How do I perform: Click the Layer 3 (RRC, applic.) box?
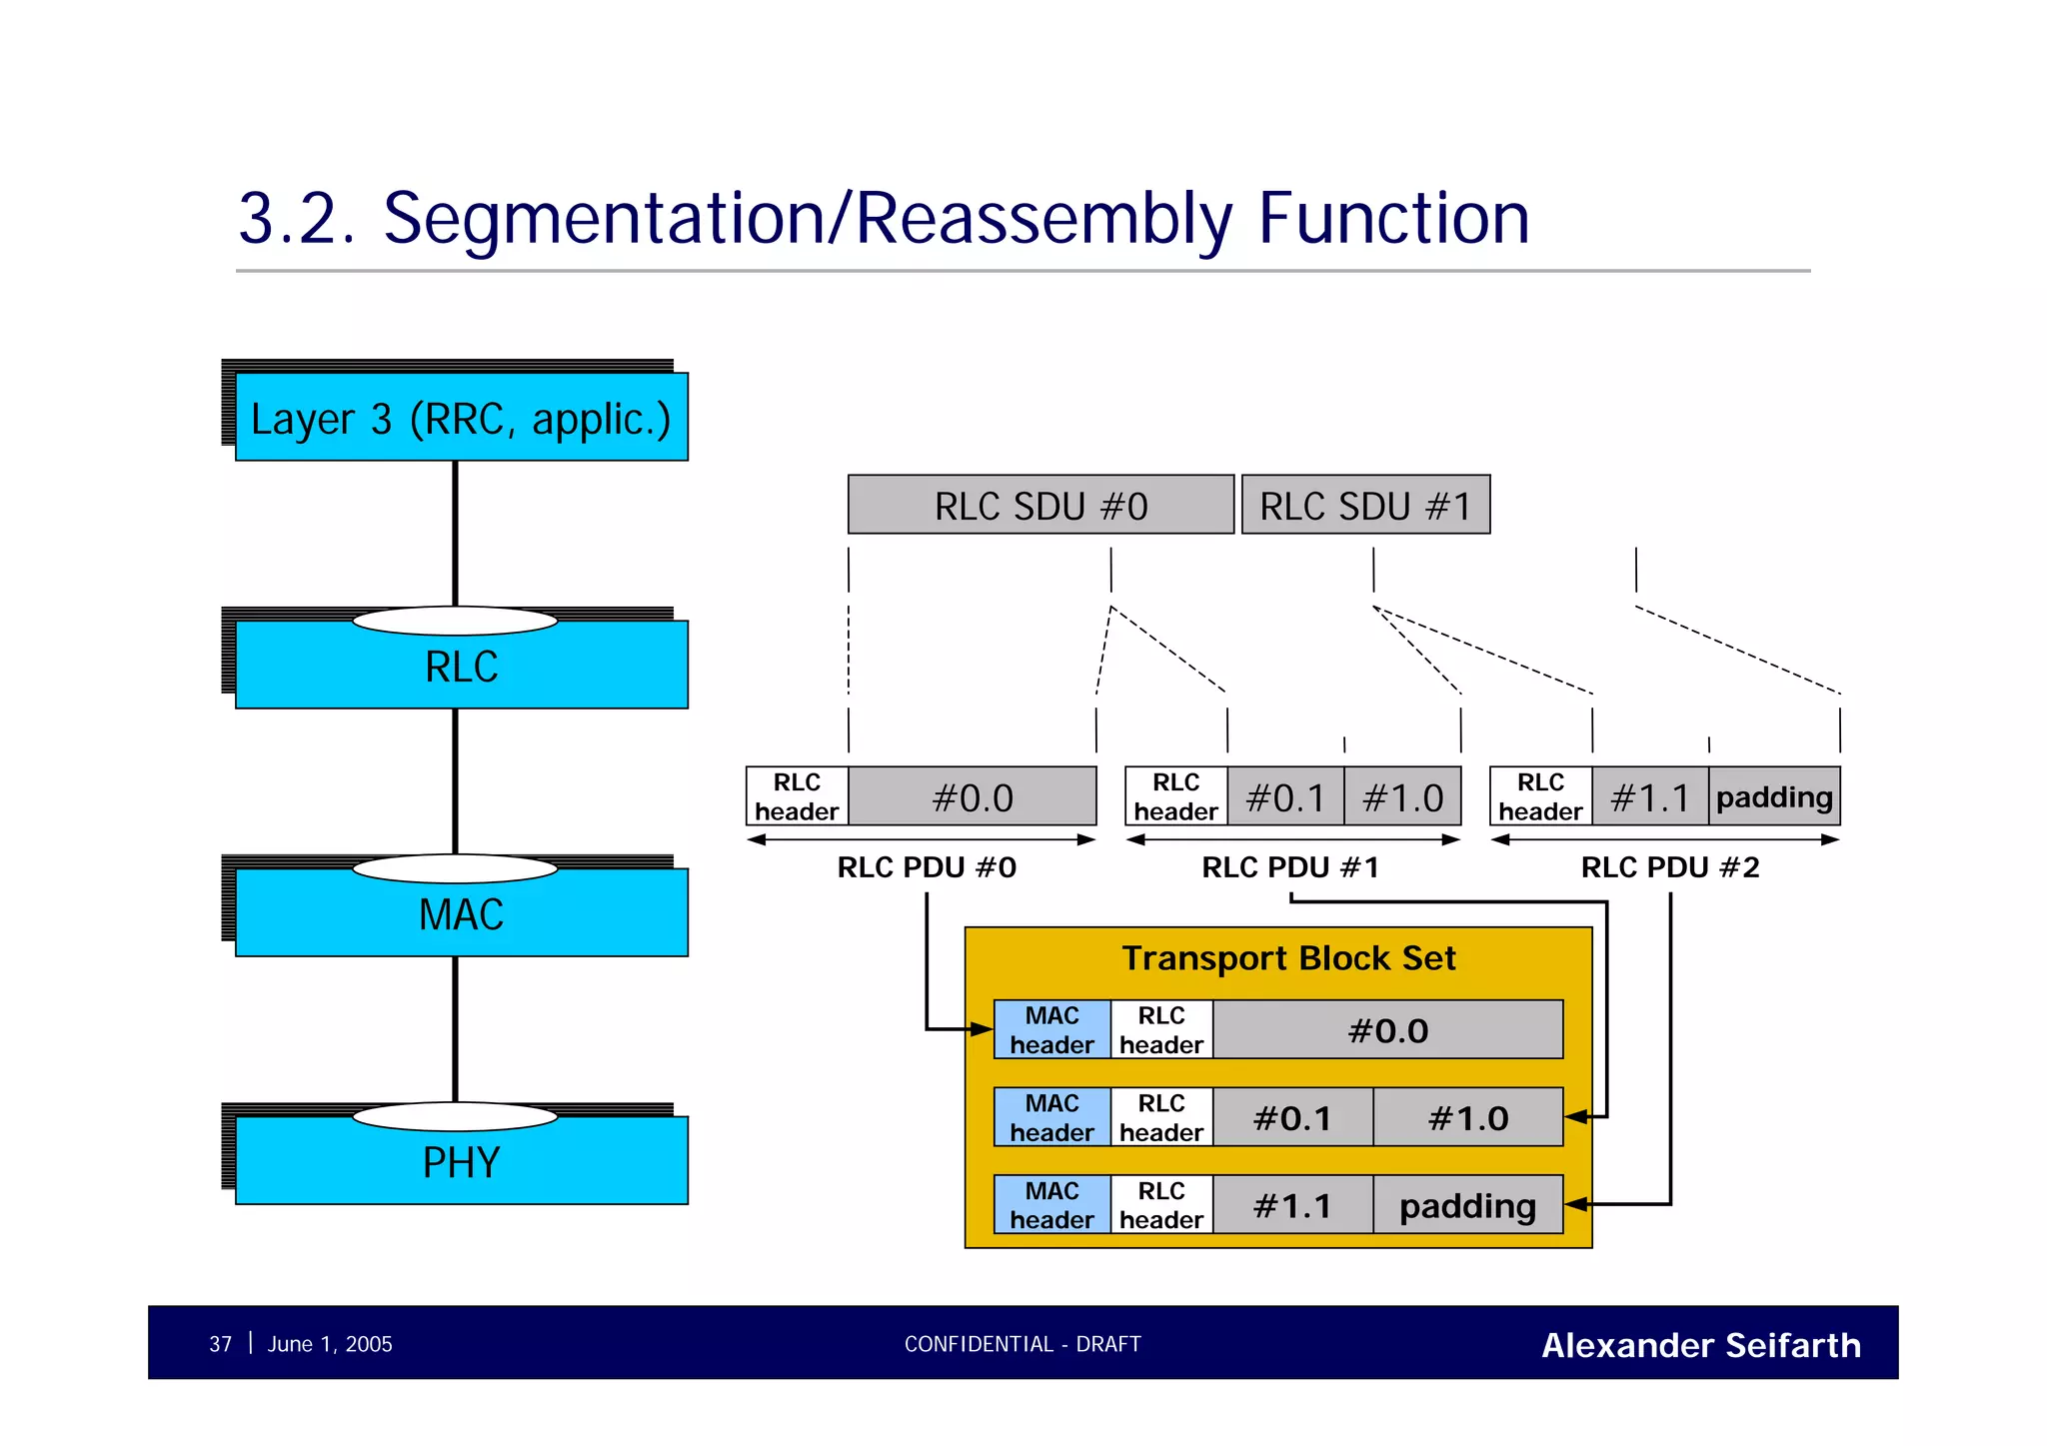click(461, 418)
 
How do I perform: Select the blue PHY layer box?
click(461, 1163)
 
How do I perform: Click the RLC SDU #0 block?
click(1040, 506)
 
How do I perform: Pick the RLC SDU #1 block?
click(1365, 506)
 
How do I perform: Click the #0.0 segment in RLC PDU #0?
click(972, 797)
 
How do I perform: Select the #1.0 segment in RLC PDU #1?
click(1402, 797)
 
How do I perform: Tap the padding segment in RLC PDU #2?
click(1774, 797)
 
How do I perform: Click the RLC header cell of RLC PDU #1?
click(1175, 797)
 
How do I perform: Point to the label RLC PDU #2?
click(1669, 867)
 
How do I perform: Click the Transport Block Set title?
click(1288, 958)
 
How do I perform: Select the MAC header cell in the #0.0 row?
click(1051, 1030)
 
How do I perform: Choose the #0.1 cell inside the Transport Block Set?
click(1292, 1118)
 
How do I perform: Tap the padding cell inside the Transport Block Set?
click(1467, 1206)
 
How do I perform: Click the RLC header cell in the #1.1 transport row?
click(1161, 1206)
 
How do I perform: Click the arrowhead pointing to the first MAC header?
click(983, 1029)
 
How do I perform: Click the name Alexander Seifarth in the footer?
click(1700, 1345)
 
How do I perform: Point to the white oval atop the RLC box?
click(455, 622)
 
